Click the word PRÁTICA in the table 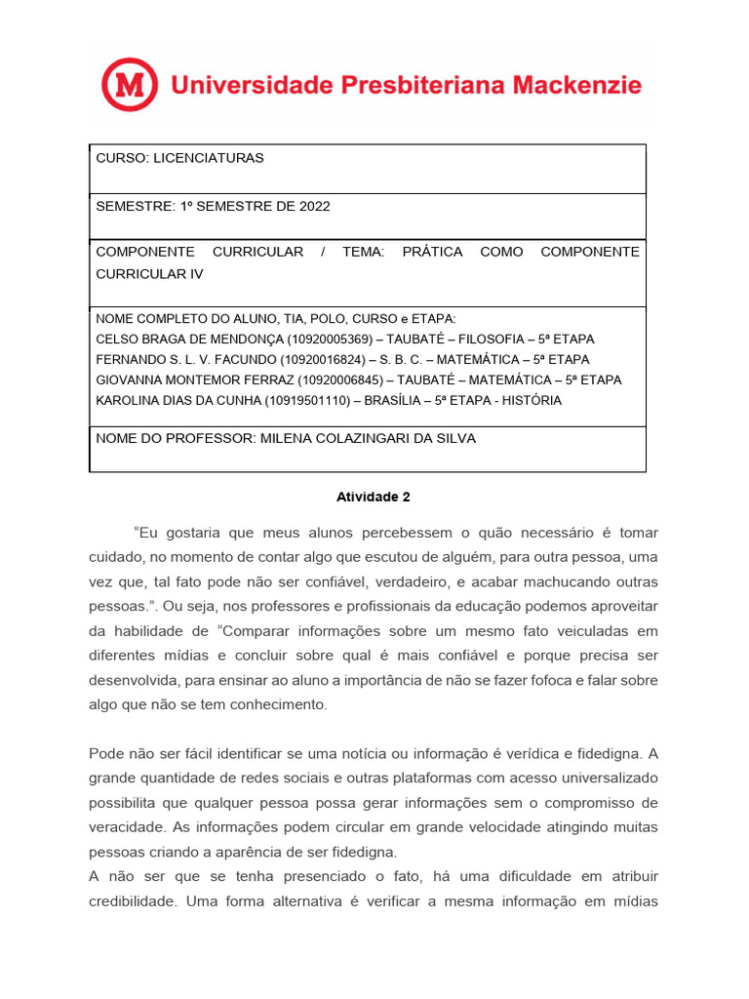pyautogui.click(x=432, y=252)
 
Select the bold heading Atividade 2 pyautogui.click(x=374, y=497)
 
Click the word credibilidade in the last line pyautogui.click(x=132, y=902)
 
